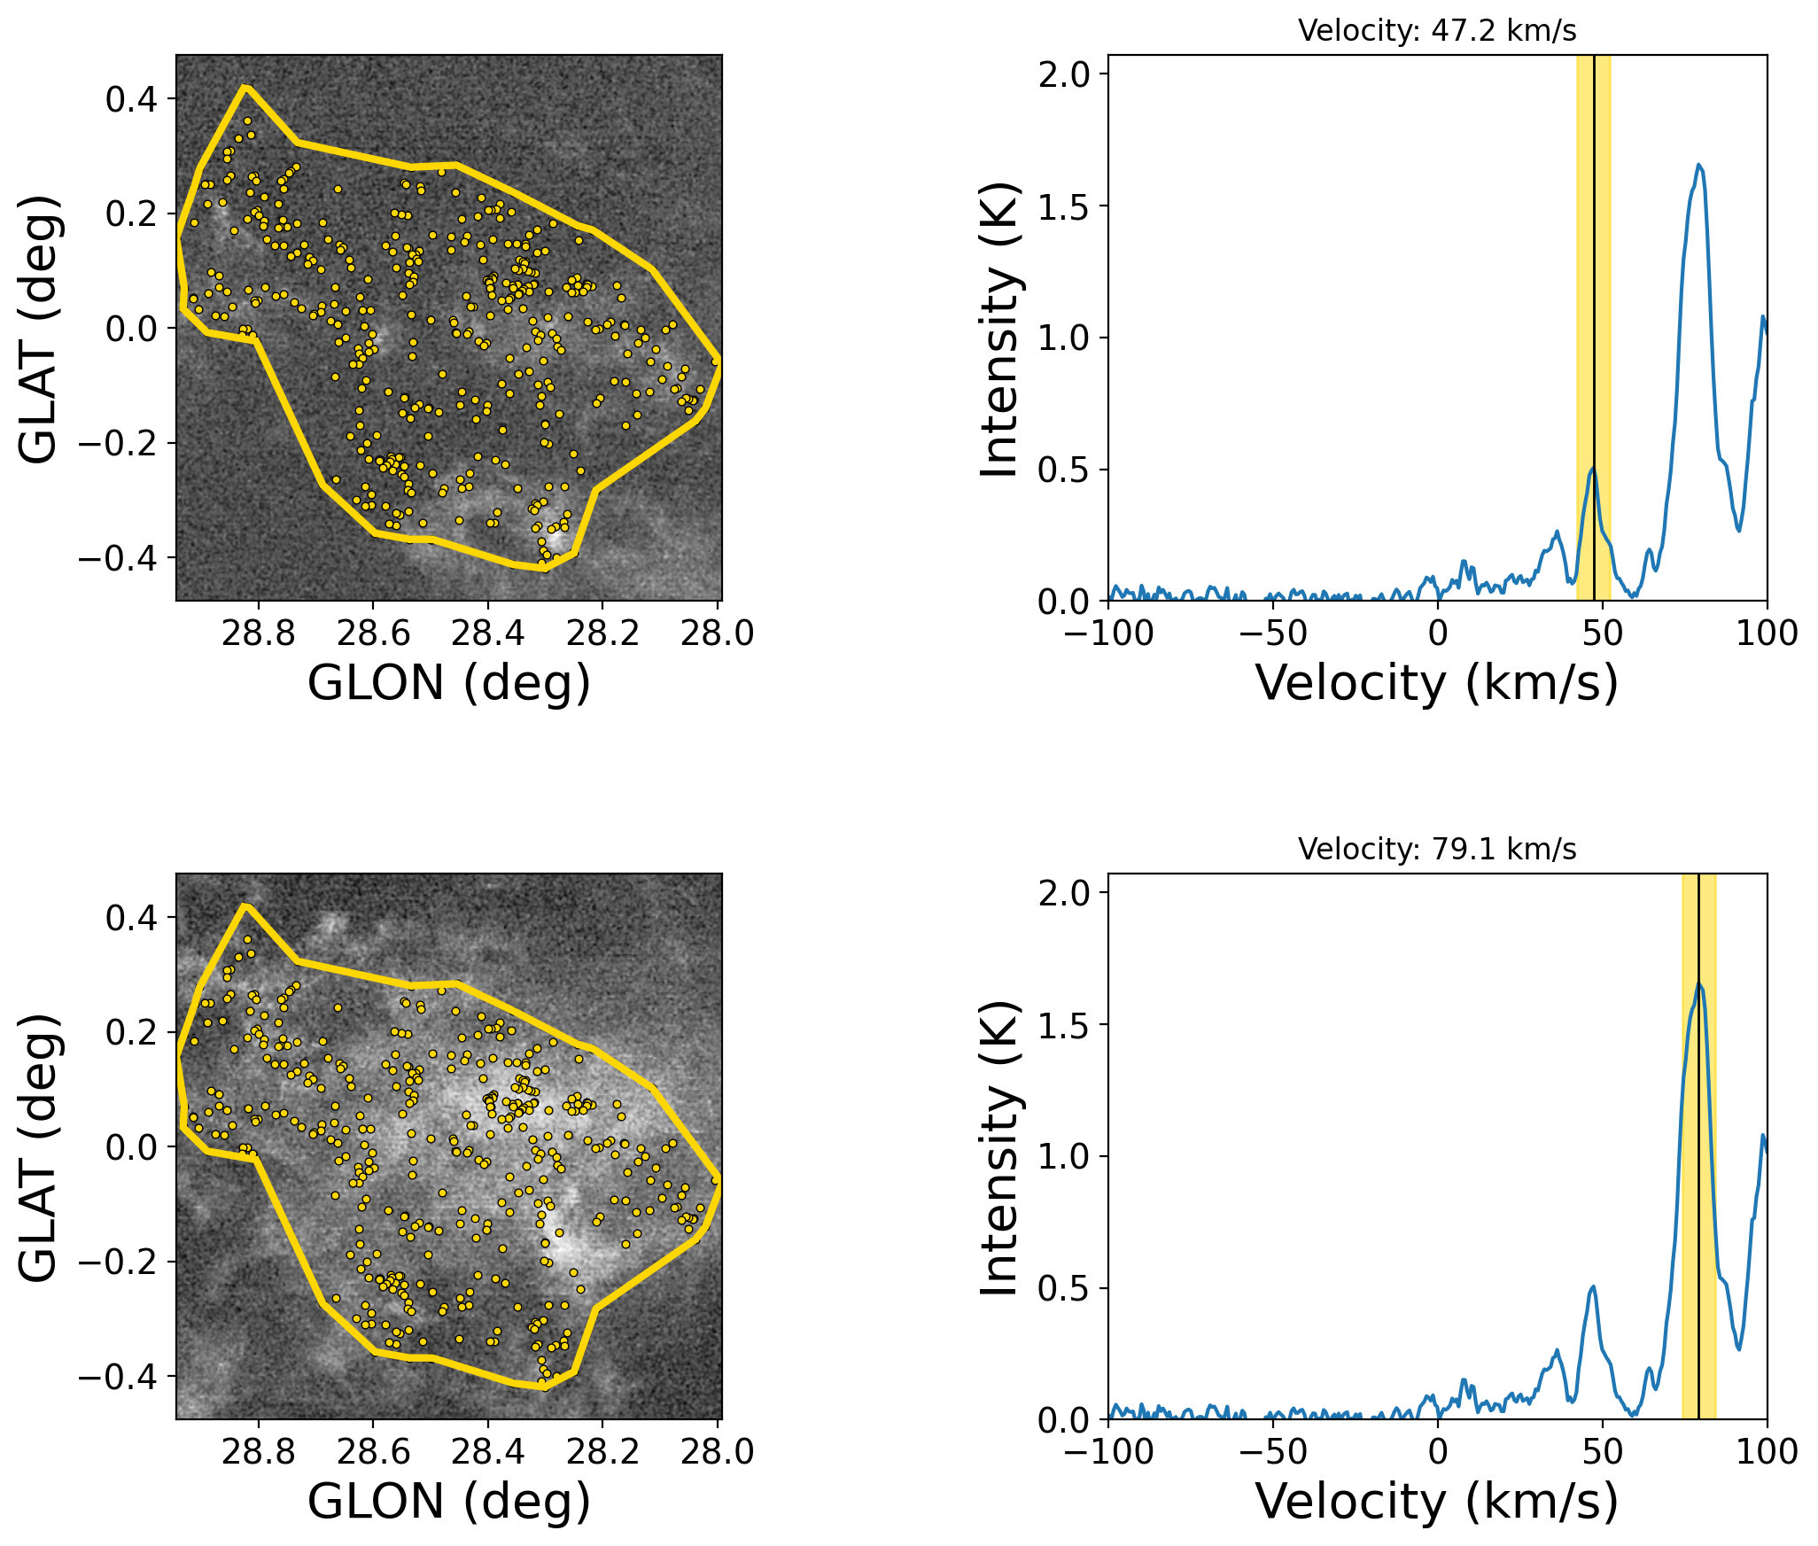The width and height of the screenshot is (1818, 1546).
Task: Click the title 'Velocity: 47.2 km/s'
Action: point(1437,31)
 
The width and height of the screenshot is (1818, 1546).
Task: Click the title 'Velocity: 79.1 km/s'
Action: point(1437,850)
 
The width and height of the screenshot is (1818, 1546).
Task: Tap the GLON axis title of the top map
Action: point(448,683)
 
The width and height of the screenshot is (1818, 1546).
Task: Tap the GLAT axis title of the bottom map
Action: point(39,1146)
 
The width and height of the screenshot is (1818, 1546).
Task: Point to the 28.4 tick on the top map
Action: point(487,633)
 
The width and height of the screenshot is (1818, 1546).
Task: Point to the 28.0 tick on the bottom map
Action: point(718,1452)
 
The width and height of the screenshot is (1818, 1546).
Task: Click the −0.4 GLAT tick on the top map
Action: point(117,558)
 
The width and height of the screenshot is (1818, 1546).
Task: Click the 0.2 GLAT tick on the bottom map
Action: point(131,1032)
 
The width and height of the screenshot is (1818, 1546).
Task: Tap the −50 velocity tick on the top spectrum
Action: point(1273,633)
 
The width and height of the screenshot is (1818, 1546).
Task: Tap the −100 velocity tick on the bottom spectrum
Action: point(1109,1452)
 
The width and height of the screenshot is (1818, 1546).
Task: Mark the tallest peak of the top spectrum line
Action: point(1699,165)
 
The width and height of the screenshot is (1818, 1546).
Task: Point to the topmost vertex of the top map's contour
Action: point(246,87)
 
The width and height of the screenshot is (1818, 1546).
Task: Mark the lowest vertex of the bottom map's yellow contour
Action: point(544,1387)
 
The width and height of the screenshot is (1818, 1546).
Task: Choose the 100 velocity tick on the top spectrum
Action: point(1767,633)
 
